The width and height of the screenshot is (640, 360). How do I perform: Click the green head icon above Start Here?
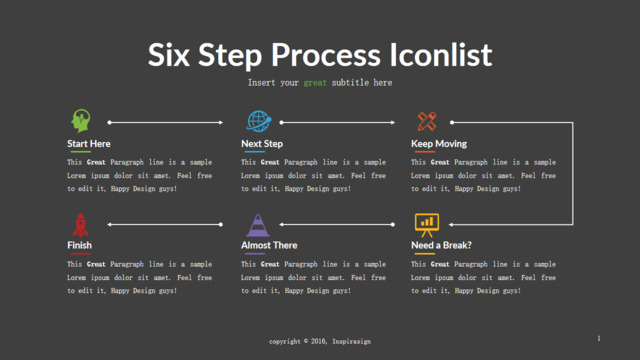pos(80,121)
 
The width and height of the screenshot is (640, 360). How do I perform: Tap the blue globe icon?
pos(259,121)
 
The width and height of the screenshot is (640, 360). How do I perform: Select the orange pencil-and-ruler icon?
pos(427,121)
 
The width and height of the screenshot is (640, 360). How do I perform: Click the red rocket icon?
pos(80,225)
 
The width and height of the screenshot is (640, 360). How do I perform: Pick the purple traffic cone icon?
pos(258,225)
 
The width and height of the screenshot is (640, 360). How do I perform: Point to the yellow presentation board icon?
pos(427,225)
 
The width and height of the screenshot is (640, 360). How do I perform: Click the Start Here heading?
pos(89,144)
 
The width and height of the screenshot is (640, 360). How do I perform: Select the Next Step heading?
pos(262,144)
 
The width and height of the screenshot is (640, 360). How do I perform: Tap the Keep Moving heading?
pos(439,144)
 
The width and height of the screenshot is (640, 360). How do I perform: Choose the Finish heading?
pos(79,245)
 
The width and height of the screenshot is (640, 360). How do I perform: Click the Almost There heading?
pos(269,245)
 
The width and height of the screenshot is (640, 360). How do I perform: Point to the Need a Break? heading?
pos(441,245)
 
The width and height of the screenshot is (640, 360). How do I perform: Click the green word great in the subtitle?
pos(315,83)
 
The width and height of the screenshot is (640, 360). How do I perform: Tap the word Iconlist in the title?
pos(441,55)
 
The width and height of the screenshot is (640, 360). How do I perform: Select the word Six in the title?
pos(169,55)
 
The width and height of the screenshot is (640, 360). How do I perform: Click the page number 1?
pos(599,338)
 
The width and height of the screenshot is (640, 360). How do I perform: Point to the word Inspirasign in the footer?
pos(351,341)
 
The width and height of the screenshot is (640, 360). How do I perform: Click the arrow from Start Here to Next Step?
pos(165,122)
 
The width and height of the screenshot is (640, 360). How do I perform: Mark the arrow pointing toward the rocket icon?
pos(165,224)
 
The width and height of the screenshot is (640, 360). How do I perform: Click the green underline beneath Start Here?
pos(80,152)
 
